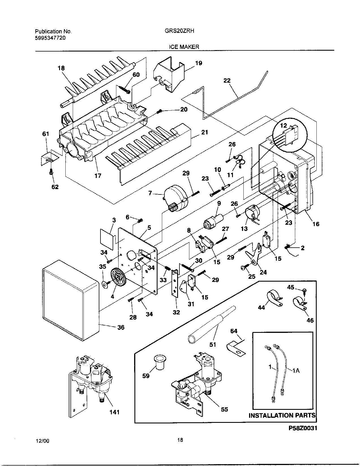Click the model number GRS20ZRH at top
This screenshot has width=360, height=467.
179,32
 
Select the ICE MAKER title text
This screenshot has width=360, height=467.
184,47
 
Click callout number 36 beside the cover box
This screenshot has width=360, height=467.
121,327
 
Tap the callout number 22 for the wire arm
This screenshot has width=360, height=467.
227,81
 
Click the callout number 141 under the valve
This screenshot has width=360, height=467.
114,412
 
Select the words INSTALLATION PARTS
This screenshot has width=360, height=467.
282,415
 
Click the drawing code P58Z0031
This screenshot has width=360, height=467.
303,428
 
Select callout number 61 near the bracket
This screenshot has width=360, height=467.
46,134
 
